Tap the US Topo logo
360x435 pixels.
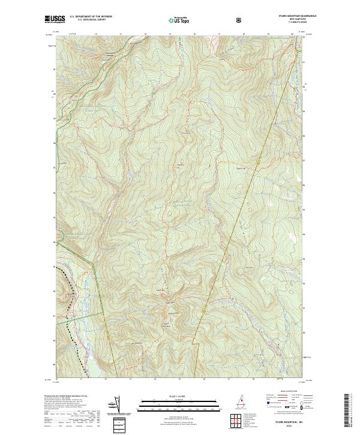(177, 20)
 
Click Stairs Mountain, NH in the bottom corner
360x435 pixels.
(289, 422)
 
